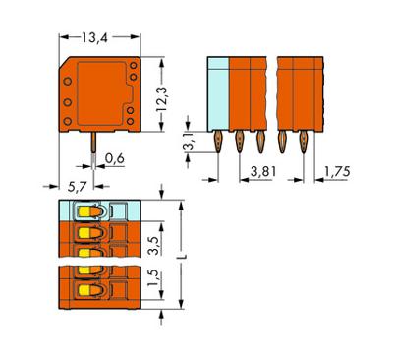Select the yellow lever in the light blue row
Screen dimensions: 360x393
point(85,210)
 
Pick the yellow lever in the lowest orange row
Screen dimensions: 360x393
point(85,292)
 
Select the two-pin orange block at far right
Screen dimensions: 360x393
point(298,93)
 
